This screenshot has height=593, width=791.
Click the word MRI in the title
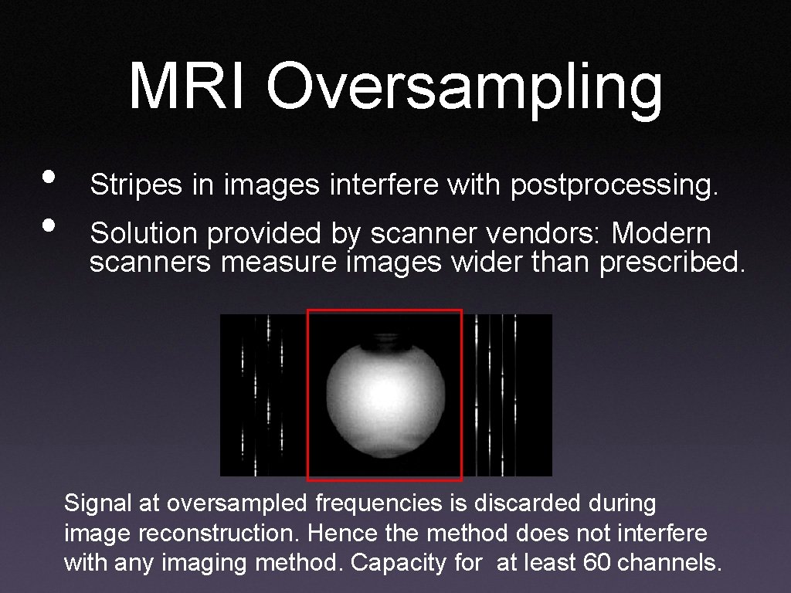(x=189, y=86)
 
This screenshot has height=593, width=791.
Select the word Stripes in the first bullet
(x=137, y=185)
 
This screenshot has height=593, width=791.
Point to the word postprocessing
(x=614, y=186)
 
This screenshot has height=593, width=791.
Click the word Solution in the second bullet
(x=141, y=234)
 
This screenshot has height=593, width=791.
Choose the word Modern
(x=661, y=234)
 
